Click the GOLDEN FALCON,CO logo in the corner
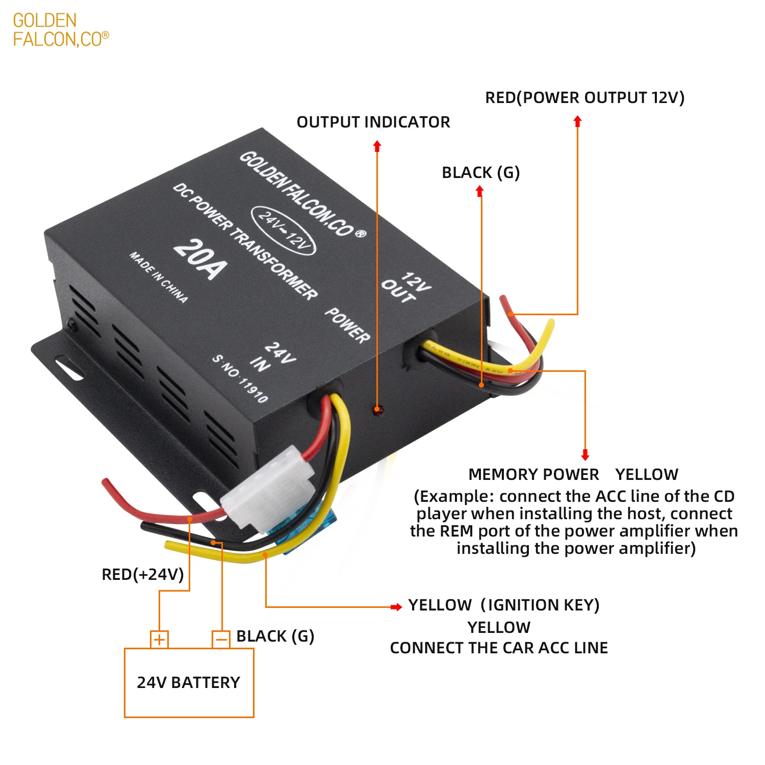tap(60, 30)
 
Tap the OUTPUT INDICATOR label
tap(373, 122)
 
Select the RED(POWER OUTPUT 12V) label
tap(584, 97)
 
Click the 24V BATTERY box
tap(189, 682)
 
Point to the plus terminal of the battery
tap(159, 640)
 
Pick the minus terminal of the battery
tap(221, 640)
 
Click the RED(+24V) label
tap(143, 575)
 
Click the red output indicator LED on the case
tap(377, 409)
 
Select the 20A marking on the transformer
tap(200, 259)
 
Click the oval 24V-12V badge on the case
tap(284, 230)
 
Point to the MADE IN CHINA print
tap(158, 277)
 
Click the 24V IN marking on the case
tap(272, 357)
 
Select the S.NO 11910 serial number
tap(240, 378)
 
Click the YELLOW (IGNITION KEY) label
tap(503, 605)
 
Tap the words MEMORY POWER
tap(533, 475)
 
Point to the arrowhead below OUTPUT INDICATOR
tap(377, 147)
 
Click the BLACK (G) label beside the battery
tap(275, 636)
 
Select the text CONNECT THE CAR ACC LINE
tap(499, 648)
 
